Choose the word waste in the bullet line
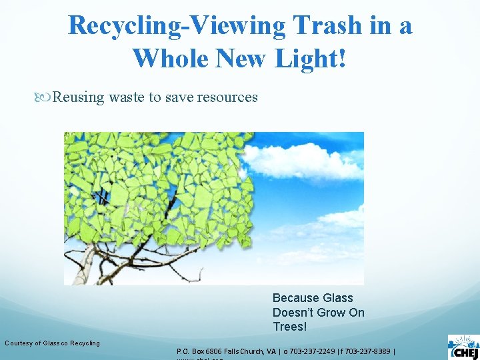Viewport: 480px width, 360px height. (127, 97)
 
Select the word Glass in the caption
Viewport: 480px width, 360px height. (337, 298)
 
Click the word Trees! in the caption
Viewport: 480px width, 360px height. (290, 327)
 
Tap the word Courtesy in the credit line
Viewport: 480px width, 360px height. (18, 343)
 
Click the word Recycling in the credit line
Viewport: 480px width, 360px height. (85, 343)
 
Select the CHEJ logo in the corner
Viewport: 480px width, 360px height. (463, 347)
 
